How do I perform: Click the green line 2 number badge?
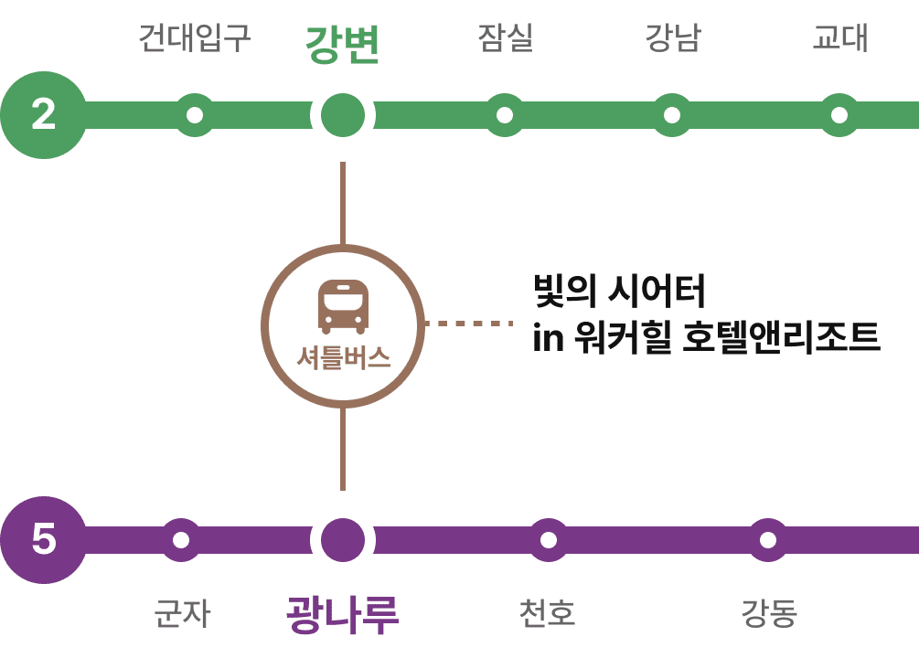(43, 115)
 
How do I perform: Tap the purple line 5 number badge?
(43, 539)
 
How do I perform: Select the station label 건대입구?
(194, 38)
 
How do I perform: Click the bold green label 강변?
(342, 44)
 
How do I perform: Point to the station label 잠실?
(505, 38)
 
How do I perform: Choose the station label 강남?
(672, 38)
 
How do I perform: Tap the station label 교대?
(839, 38)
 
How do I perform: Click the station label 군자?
(181, 613)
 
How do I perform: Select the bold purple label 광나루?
(342, 614)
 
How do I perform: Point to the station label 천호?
(547, 613)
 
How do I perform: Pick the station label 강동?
(768, 613)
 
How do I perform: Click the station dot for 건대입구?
(195, 115)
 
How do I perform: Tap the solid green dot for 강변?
(343, 115)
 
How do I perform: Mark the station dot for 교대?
(839, 115)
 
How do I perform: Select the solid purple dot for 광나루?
(343, 539)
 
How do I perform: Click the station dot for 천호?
(549, 539)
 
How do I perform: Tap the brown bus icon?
(343, 306)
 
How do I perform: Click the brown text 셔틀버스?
(343, 357)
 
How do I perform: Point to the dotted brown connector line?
(469, 323)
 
